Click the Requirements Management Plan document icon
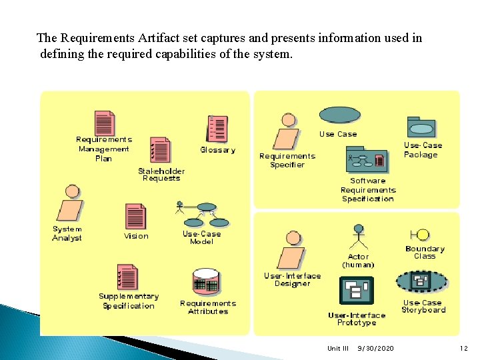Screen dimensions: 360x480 (105, 123)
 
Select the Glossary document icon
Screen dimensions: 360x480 (217, 128)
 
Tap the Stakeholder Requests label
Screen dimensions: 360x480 (161, 175)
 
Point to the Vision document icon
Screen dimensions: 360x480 (135, 216)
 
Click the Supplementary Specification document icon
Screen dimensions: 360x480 (127, 277)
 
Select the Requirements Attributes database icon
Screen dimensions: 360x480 (205, 283)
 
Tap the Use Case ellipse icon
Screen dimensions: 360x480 (339, 115)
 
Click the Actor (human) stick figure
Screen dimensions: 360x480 (359, 237)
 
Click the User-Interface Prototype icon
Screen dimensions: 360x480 (357, 291)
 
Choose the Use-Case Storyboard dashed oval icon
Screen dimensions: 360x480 (421, 281)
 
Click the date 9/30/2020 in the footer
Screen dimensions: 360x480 (375, 348)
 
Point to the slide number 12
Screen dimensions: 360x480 (464, 348)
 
